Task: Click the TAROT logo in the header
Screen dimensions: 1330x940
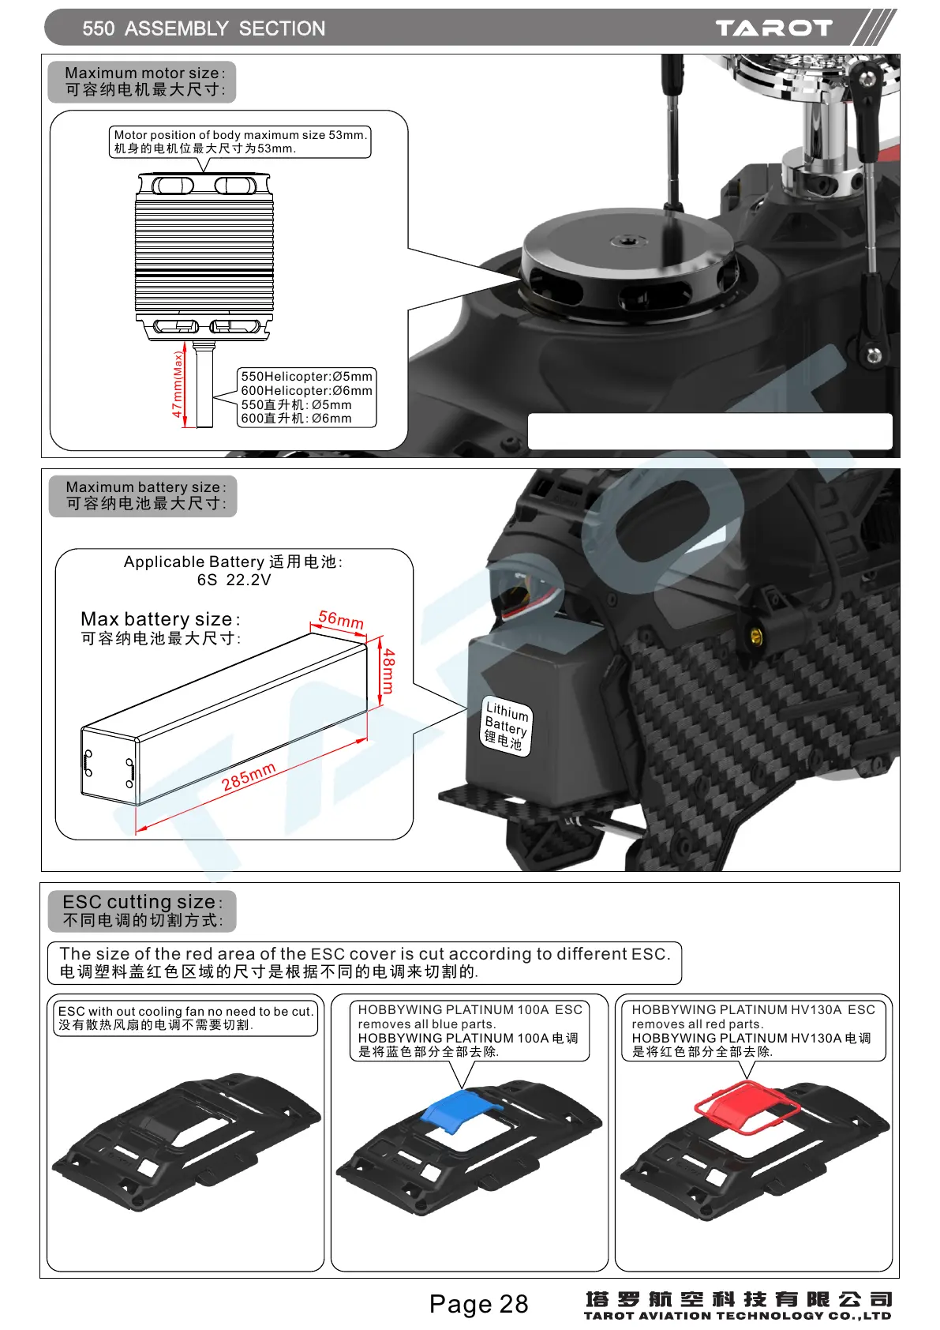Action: click(x=773, y=28)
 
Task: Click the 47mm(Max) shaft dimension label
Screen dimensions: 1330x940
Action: click(x=178, y=385)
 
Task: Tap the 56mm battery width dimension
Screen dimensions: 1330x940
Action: click(x=341, y=620)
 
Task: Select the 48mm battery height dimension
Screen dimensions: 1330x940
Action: click(x=388, y=671)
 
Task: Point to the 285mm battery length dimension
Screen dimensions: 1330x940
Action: click(x=249, y=777)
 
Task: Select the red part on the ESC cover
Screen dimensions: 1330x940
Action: click(x=745, y=1106)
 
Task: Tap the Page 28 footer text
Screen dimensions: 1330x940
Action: click(x=478, y=1304)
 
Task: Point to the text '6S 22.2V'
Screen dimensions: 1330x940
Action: click(x=234, y=580)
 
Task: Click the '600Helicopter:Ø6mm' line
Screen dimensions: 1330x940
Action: click(x=306, y=390)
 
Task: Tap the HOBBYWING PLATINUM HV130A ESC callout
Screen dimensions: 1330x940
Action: click(x=751, y=1030)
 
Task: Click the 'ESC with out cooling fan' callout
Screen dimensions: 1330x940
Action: click(x=185, y=1017)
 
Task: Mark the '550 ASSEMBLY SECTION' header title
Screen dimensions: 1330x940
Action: click(x=204, y=28)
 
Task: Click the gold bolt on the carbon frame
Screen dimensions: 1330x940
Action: click(x=756, y=637)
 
